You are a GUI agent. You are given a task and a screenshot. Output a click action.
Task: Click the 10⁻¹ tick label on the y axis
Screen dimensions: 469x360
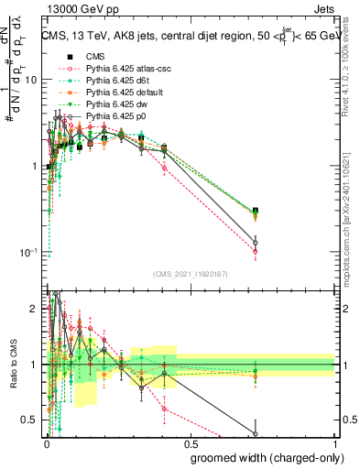click(x=29, y=253)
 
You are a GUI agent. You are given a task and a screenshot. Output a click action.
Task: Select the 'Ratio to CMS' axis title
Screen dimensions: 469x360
click(x=13, y=365)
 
